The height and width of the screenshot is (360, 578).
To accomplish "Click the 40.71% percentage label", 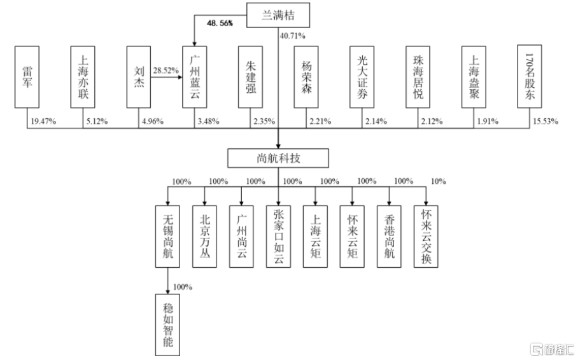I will click(294, 37).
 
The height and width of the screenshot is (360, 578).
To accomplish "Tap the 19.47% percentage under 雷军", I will click(44, 121).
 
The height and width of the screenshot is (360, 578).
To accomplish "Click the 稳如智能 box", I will click(168, 324).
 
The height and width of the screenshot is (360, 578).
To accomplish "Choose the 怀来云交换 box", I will click(426, 236).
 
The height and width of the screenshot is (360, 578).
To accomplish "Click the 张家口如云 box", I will click(278, 236).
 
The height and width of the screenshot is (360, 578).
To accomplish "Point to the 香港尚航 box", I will click(390, 236).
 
